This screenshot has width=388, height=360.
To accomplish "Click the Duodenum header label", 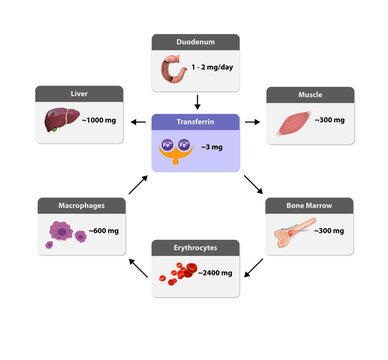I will click(x=195, y=42).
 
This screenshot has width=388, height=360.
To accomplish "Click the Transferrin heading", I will click(x=194, y=121).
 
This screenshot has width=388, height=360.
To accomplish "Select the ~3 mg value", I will click(x=212, y=147).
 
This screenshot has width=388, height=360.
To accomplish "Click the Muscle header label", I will click(x=311, y=94).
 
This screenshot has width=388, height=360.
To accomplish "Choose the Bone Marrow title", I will click(x=311, y=205).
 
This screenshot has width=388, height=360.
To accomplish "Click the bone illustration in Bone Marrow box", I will click(x=292, y=233).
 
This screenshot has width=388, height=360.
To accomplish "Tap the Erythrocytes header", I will click(x=195, y=246).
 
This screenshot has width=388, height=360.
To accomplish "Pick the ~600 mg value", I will click(x=104, y=231).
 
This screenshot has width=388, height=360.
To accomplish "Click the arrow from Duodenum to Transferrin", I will click(x=197, y=101).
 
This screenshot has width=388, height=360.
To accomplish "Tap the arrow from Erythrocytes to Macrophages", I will click(x=134, y=265).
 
